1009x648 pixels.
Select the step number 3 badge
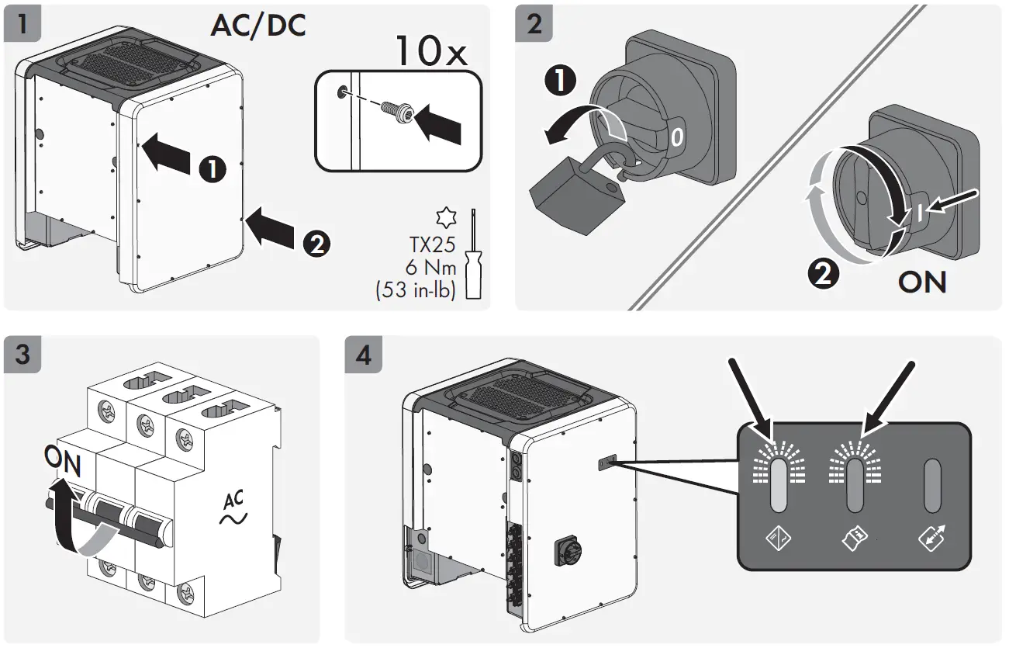point(23,355)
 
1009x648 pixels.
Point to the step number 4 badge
point(363,355)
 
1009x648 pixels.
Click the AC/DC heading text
point(258,25)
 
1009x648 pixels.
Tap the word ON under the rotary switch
point(922,282)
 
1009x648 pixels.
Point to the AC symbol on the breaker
point(232,509)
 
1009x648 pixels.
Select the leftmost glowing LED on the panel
point(779,486)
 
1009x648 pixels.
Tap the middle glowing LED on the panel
point(855,486)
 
